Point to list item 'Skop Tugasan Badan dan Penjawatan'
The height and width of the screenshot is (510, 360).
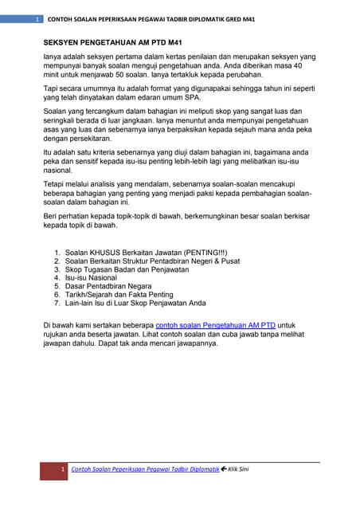(127, 269)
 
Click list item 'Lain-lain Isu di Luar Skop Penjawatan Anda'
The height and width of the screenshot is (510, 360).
(135, 303)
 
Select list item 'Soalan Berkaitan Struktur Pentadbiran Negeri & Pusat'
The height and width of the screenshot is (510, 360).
(152, 261)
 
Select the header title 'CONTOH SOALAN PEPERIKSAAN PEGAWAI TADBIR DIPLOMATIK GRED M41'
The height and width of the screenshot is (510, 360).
(151, 18)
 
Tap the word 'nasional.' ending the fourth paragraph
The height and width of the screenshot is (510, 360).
(59, 170)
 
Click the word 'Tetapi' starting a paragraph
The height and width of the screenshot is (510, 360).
(55, 183)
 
